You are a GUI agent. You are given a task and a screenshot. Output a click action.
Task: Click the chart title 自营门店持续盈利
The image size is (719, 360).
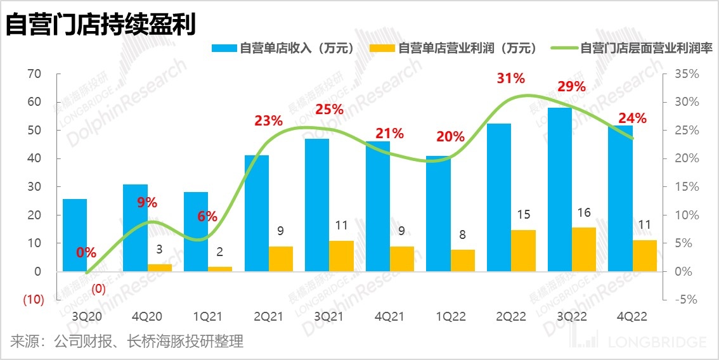point(100,25)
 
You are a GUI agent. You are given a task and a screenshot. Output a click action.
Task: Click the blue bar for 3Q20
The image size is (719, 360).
point(75,235)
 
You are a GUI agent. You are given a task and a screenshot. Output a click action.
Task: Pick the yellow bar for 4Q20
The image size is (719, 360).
point(160,267)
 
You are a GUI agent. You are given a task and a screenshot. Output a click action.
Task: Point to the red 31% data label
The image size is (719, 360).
point(511,79)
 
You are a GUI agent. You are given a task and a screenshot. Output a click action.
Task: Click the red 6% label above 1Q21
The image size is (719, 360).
point(207,216)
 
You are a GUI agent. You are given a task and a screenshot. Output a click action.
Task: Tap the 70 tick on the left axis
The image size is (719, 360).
point(34,74)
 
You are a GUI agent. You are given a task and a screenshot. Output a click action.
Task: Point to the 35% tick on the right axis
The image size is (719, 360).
point(687,74)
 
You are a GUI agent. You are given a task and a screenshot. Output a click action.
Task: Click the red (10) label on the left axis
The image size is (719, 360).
point(33,300)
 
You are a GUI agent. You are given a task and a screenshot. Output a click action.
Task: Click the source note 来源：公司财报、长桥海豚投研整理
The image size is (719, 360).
point(127,342)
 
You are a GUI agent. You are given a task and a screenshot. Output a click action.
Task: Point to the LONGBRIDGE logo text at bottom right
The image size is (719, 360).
point(656,342)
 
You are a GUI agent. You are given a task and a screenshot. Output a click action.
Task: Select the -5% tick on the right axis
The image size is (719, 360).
point(685,300)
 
